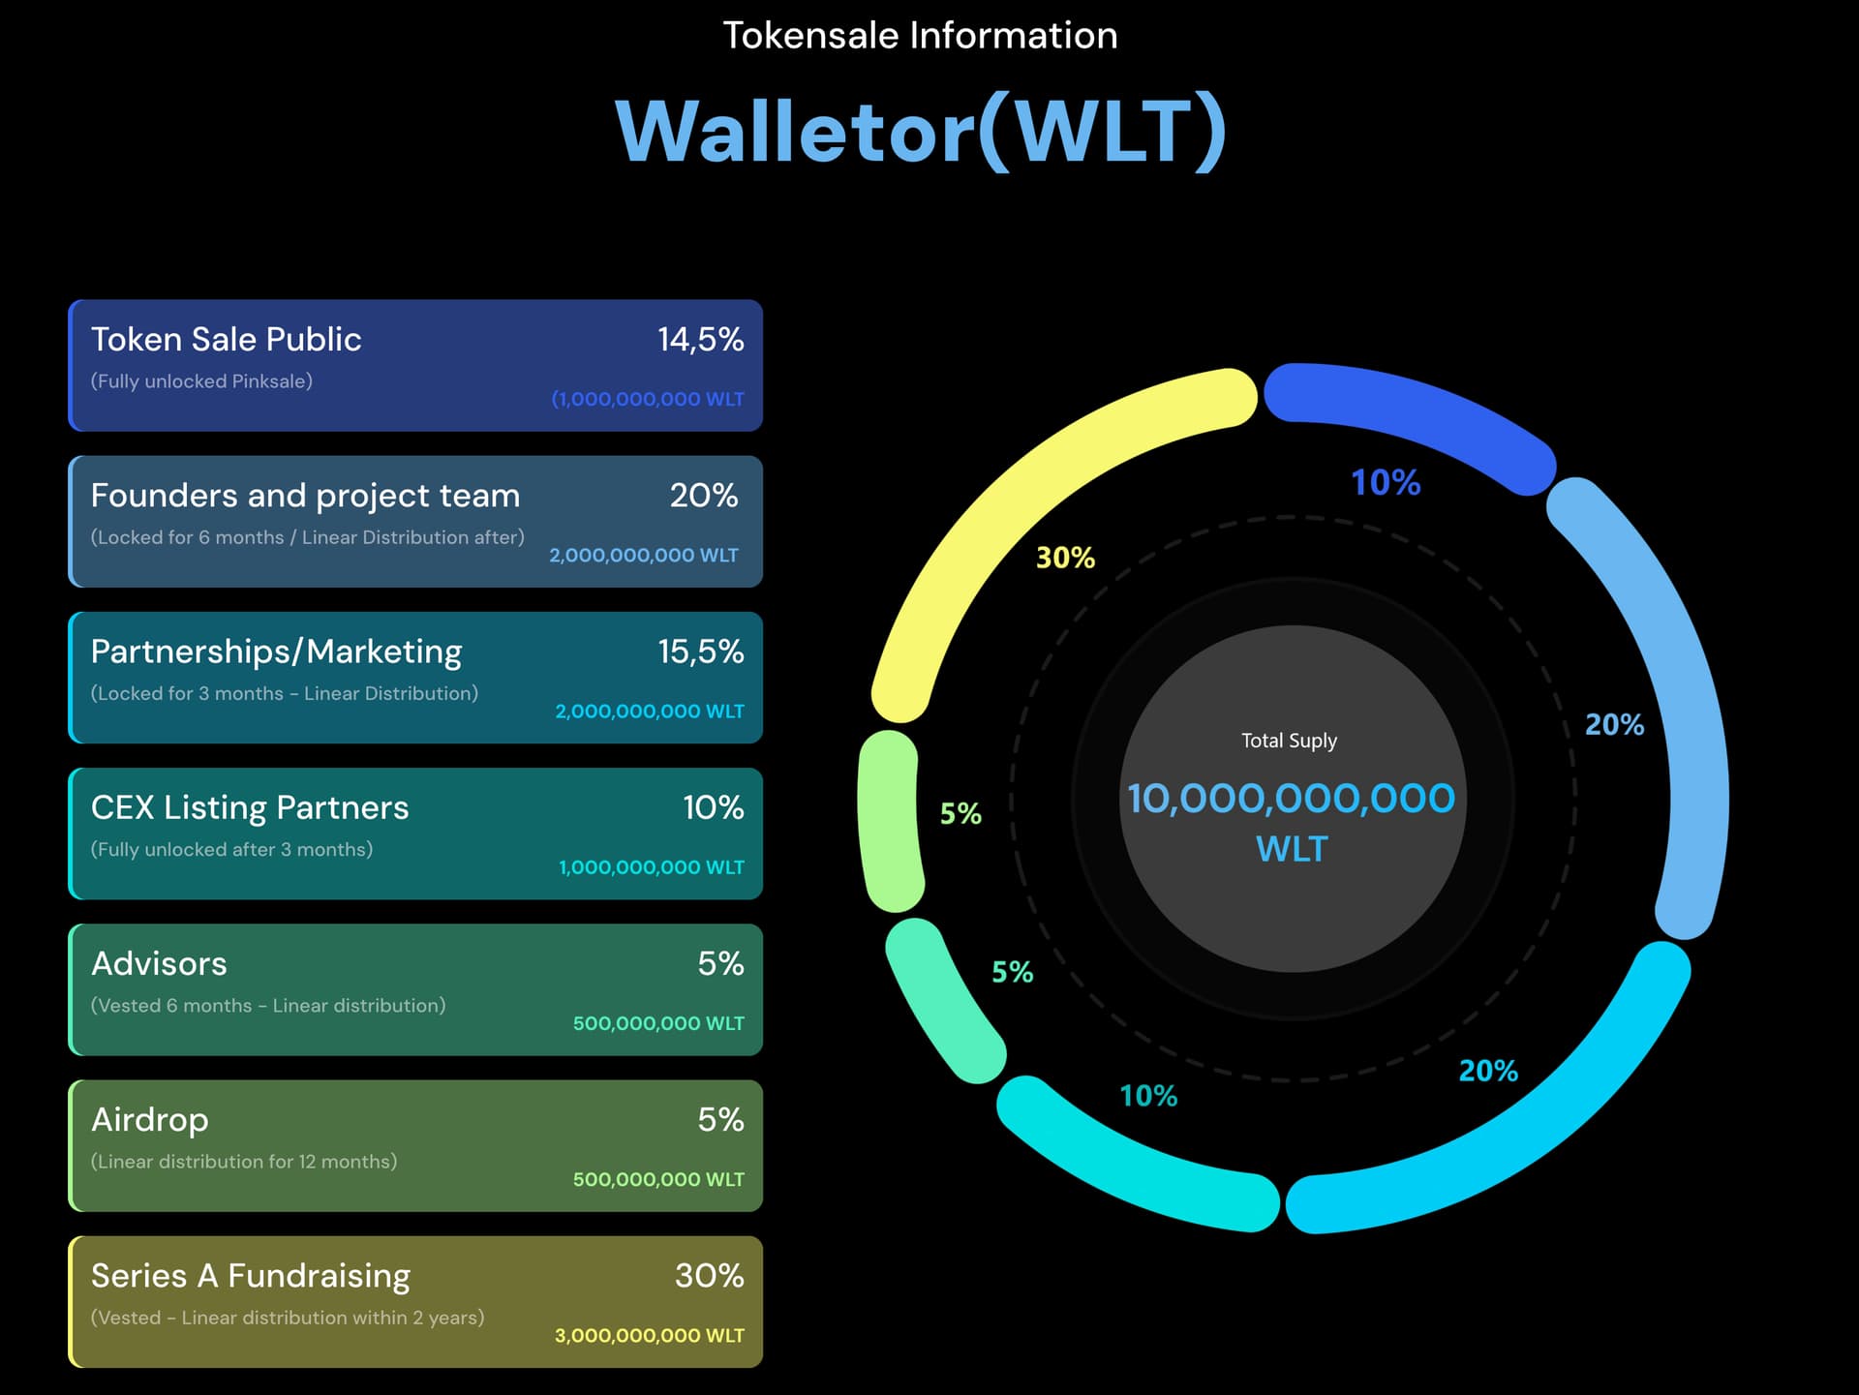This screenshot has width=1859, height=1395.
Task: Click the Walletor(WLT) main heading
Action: pyautogui.click(x=921, y=132)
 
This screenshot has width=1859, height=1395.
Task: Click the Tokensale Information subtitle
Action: pyautogui.click(x=920, y=36)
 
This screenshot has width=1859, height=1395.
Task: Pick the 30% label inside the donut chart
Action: pyautogui.click(x=1065, y=558)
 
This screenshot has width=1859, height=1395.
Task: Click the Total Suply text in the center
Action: pyautogui.click(x=1289, y=741)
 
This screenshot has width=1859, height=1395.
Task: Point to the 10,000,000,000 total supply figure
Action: pyautogui.click(x=1291, y=799)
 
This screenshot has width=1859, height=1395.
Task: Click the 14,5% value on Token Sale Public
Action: pyautogui.click(x=700, y=340)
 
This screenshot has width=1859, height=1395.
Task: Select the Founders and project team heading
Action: pyautogui.click(x=305, y=496)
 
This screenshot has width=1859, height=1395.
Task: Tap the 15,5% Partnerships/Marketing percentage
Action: pyautogui.click(x=700, y=652)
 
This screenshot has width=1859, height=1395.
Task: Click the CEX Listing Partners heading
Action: pyautogui.click(x=250, y=807)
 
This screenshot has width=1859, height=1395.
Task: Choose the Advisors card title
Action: pyautogui.click(x=159, y=963)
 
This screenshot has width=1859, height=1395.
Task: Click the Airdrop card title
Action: pyautogui.click(x=149, y=1120)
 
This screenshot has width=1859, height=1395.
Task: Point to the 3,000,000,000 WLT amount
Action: pyautogui.click(x=649, y=1336)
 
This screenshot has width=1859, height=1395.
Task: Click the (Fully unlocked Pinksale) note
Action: pyautogui.click(x=201, y=381)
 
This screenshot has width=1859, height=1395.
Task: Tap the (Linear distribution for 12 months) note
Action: pyautogui.click(x=244, y=1162)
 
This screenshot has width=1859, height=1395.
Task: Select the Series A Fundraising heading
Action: pyautogui.click(x=251, y=1276)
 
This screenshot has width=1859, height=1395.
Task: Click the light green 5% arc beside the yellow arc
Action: pyautogui.click(x=888, y=821)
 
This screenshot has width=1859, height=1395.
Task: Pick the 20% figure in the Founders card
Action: pyautogui.click(x=704, y=496)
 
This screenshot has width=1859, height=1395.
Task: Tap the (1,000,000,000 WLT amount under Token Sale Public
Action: pyautogui.click(x=648, y=399)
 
